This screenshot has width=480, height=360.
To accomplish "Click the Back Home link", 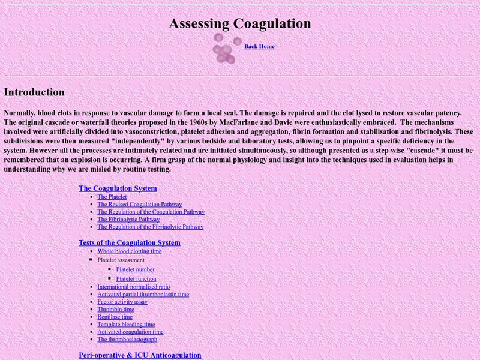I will pyautogui.click(x=259, y=47).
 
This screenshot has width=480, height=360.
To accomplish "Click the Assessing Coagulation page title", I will pyautogui.click(x=240, y=23).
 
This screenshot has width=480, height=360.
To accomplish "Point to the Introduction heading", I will pyautogui.click(x=34, y=92).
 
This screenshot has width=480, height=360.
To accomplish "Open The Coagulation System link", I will pyautogui.click(x=118, y=188).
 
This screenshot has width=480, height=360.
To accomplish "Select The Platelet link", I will pyautogui.click(x=112, y=197).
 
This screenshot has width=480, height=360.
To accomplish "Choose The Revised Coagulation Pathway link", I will pyautogui.click(x=140, y=205).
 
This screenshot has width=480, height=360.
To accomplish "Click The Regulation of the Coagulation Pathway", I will pyautogui.click(x=151, y=212).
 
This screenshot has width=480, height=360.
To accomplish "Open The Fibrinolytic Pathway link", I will pyautogui.click(x=128, y=220).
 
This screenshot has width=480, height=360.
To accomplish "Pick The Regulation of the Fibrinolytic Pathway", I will pyautogui.click(x=151, y=227).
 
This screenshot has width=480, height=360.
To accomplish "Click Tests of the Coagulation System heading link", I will pyautogui.click(x=130, y=243).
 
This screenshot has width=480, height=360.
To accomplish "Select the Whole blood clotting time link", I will pyautogui.click(x=130, y=251).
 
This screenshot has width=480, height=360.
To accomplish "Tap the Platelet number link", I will pyautogui.click(x=136, y=270).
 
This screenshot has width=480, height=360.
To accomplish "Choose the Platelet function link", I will pyautogui.click(x=136, y=279).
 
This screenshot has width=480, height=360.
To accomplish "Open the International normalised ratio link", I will pyautogui.click(x=134, y=287).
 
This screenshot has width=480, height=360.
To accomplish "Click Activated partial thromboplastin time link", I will pyautogui.click(x=143, y=295).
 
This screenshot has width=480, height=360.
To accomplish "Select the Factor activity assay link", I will pyautogui.click(x=122, y=302).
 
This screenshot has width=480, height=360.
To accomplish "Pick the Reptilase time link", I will pyautogui.click(x=115, y=317).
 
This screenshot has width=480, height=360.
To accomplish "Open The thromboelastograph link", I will pyautogui.click(x=127, y=340).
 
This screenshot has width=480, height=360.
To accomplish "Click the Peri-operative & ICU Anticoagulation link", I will pyautogui.click(x=140, y=355).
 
